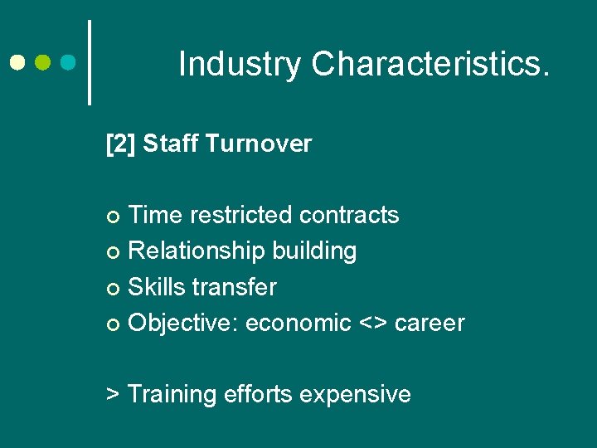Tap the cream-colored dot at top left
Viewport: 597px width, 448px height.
(x=18, y=62)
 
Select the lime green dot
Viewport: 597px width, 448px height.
(x=44, y=62)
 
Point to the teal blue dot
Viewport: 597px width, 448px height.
(x=70, y=62)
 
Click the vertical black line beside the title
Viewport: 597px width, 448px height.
(x=90, y=62)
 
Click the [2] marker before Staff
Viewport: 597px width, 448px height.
(x=121, y=144)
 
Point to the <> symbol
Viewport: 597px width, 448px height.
(x=372, y=323)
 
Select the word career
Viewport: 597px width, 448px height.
(x=430, y=323)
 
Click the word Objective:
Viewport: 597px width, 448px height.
(x=183, y=323)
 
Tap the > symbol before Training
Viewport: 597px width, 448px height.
(x=114, y=394)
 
